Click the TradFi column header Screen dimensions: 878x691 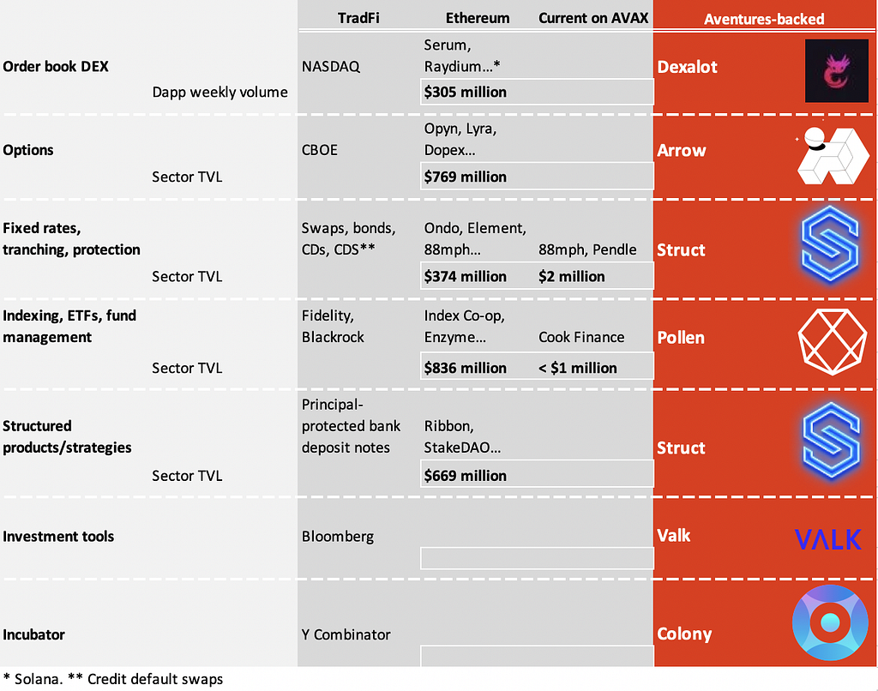point(358,18)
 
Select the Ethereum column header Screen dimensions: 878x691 point(478,18)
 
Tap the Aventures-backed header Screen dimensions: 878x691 point(764,19)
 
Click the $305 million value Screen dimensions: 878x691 point(466,92)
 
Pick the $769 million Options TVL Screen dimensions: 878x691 point(466,177)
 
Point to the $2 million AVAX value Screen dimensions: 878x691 point(572,277)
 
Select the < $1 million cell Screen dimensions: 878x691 point(578,368)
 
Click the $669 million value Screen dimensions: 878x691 point(466,476)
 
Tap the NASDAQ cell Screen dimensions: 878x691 point(331,67)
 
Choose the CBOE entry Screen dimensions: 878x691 point(320,150)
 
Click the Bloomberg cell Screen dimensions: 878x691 point(338,537)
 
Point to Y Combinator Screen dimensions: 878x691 point(346,634)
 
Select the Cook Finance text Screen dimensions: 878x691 point(581,337)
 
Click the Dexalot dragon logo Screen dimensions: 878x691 point(837,70)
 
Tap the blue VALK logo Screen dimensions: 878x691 point(828,539)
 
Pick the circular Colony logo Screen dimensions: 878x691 point(830,622)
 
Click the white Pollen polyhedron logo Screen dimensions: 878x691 point(832,341)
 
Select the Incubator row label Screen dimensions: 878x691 point(33,634)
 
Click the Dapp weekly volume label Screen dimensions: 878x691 point(220,92)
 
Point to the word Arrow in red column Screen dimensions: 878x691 point(682,151)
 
